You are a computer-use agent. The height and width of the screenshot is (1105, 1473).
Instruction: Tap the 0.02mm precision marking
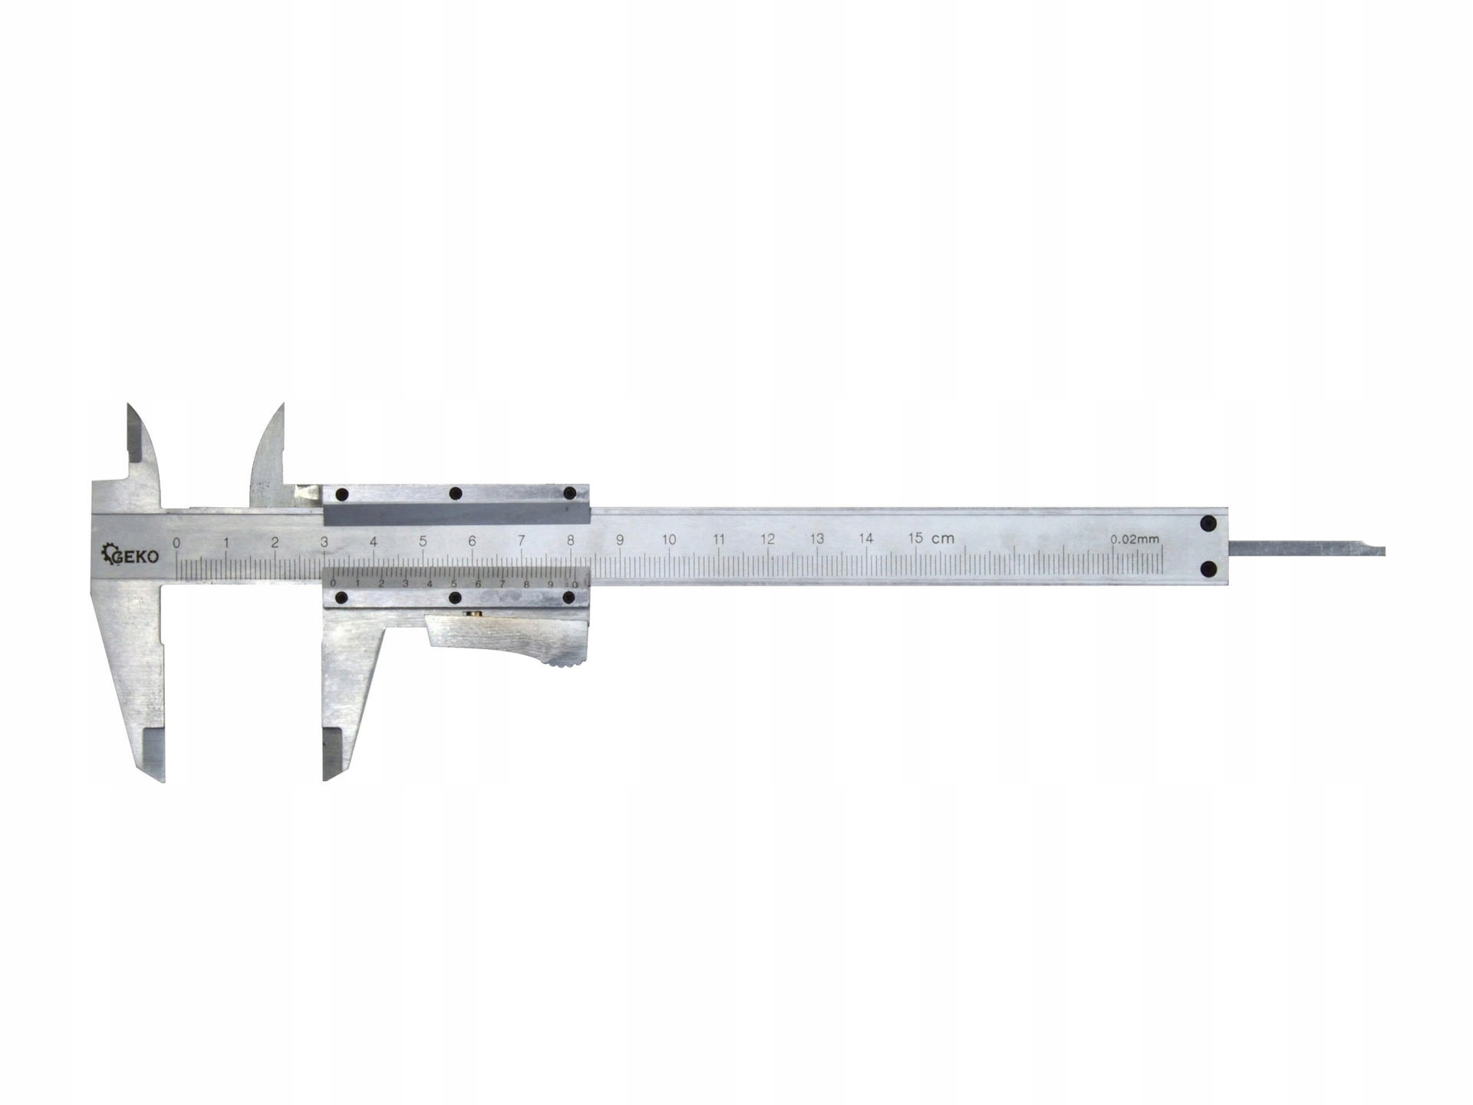1135,539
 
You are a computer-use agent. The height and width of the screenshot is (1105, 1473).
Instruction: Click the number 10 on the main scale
669,539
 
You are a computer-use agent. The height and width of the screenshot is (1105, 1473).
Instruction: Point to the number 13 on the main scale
816,539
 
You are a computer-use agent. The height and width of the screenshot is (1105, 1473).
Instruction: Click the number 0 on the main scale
177,543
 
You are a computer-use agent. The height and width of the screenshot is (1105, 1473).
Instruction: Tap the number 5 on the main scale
423,540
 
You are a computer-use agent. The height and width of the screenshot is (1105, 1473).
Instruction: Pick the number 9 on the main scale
620,539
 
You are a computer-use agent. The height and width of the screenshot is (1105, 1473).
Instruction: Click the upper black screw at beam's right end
1209,524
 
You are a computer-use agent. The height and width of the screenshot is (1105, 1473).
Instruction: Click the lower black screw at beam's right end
1209,569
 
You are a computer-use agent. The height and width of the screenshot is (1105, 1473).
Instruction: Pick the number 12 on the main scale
767,539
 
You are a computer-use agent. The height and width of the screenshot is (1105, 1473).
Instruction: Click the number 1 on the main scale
226,543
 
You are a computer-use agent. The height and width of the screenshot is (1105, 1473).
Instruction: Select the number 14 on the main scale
866,539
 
